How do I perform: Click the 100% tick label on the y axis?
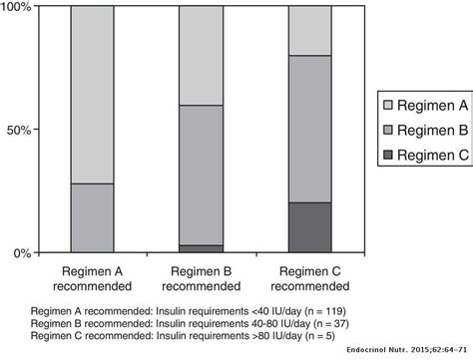19,9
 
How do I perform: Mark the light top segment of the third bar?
309,30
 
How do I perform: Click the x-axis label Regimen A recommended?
92,277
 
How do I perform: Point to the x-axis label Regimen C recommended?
309,277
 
